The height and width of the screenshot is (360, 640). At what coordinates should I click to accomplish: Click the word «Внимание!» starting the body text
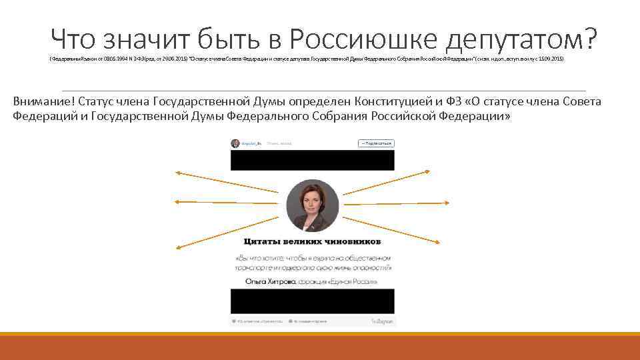pyautogui.click(x=43, y=101)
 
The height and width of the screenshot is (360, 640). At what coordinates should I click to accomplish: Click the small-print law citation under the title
pyautogui.click(x=307, y=59)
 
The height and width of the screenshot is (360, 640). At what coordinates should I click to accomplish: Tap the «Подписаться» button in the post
pyautogui.click(x=377, y=143)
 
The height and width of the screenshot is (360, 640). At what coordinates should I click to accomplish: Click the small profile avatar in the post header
pyautogui.click(x=235, y=143)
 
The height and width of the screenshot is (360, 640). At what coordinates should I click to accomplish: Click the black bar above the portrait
pyautogui.click(x=313, y=160)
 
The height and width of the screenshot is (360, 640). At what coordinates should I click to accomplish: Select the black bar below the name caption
pyautogui.click(x=313, y=301)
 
